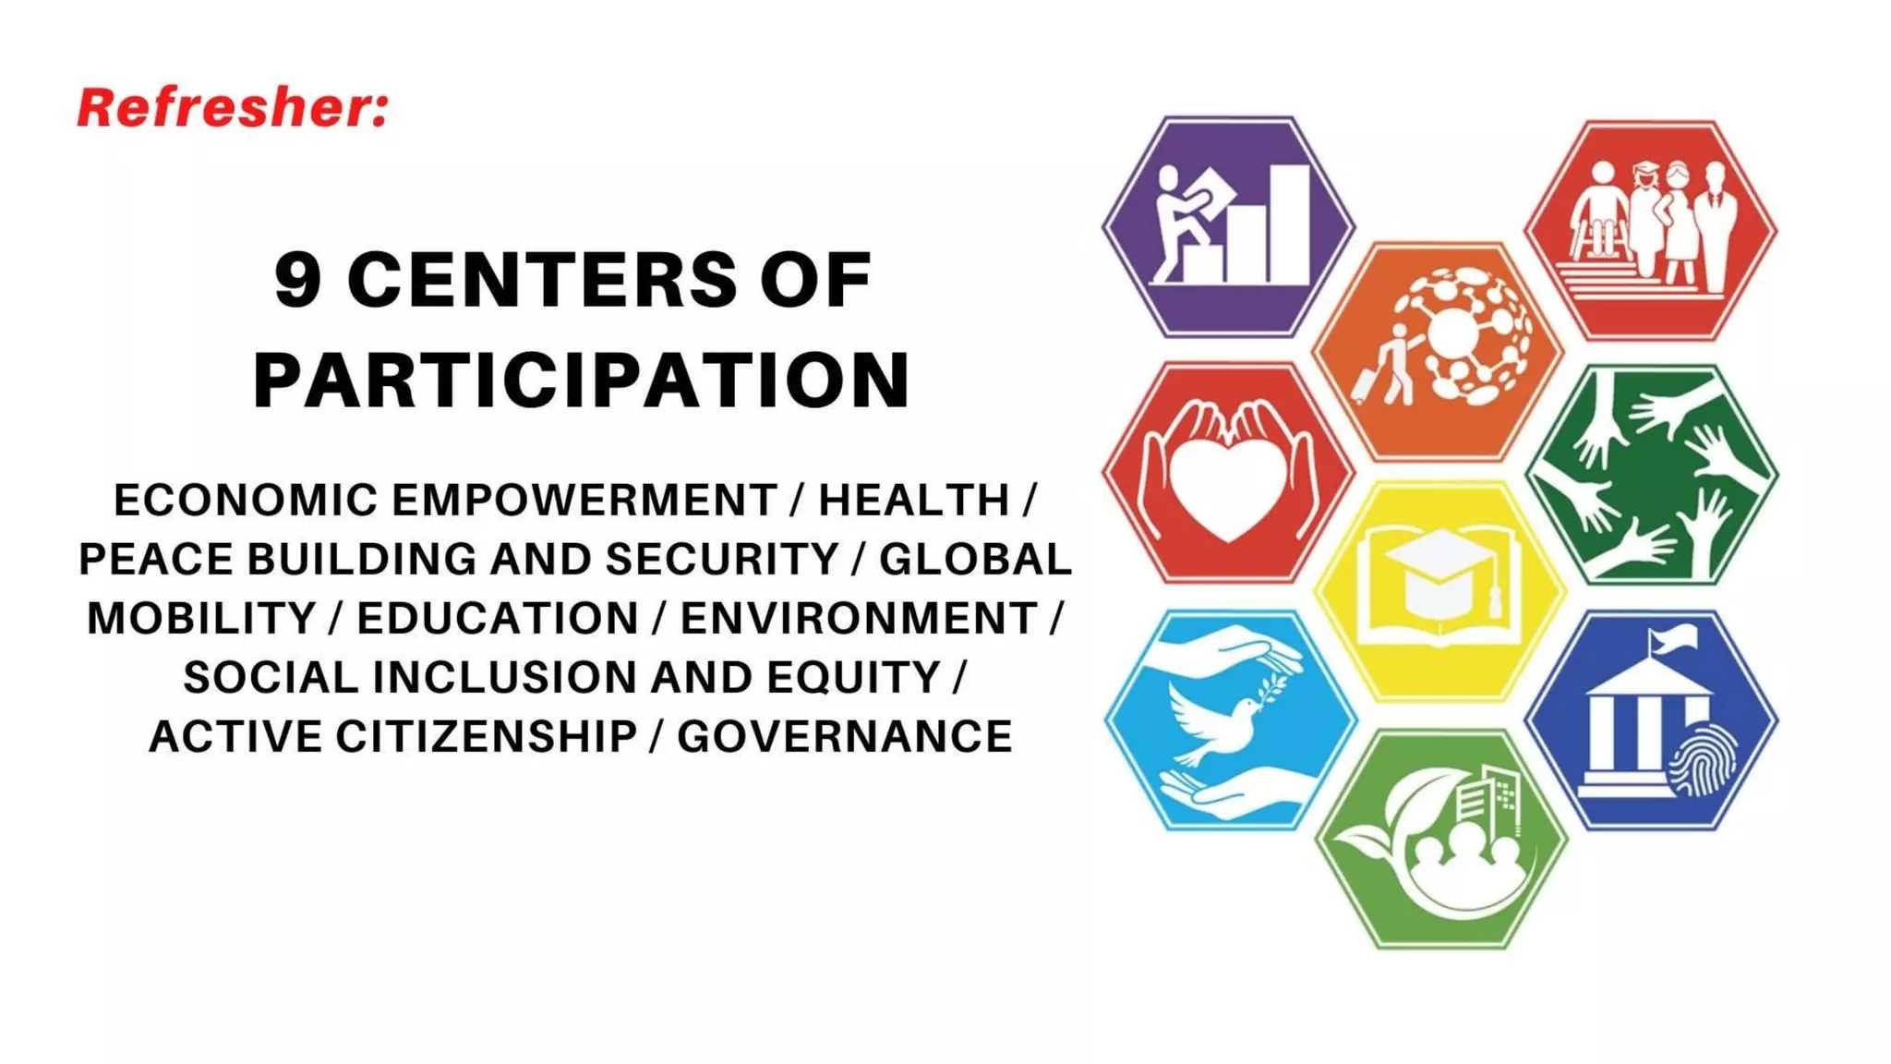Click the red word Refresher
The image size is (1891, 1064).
click(x=231, y=108)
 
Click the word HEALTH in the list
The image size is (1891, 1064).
click(x=914, y=501)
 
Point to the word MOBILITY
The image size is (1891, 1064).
click(x=201, y=619)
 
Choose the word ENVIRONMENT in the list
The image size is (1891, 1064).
click(x=859, y=619)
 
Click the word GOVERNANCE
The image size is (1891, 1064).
click(x=845, y=737)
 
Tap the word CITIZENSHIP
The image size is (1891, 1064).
click(x=486, y=737)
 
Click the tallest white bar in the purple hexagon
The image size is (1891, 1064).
click(x=1289, y=224)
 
